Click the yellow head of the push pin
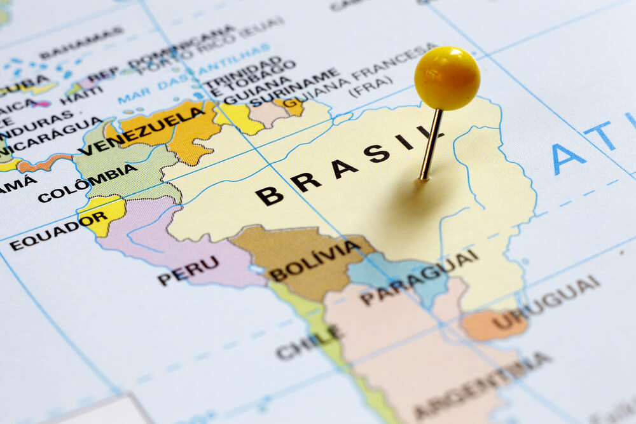click(446, 78)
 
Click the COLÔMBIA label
click(87, 183)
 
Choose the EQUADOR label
click(58, 230)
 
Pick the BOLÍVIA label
click(315, 261)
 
